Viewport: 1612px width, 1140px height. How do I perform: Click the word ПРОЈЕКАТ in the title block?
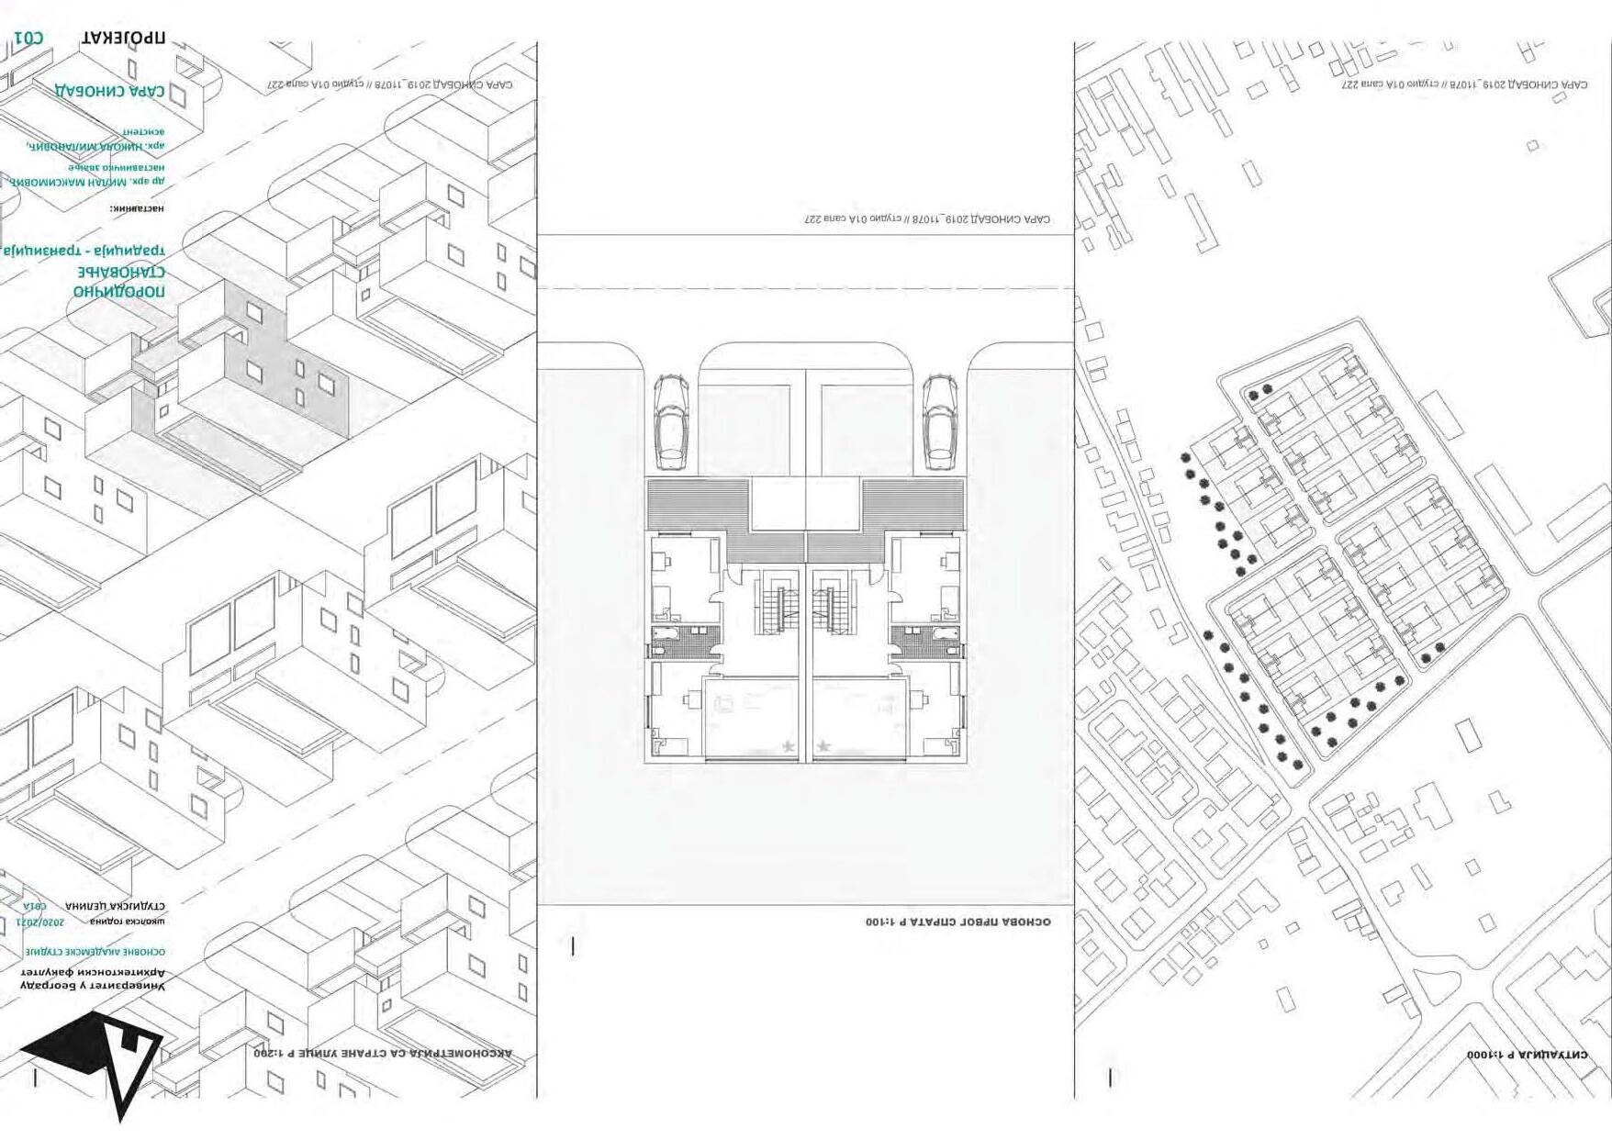(x=123, y=39)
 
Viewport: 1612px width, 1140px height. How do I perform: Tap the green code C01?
(x=28, y=39)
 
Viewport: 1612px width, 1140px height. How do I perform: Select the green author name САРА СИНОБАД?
(x=110, y=91)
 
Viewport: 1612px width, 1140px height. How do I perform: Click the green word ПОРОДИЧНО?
(x=119, y=292)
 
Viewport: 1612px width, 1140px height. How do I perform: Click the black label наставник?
(x=138, y=209)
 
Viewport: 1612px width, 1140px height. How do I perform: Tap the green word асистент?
(x=143, y=132)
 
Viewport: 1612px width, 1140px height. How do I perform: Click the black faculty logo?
(x=95, y=1061)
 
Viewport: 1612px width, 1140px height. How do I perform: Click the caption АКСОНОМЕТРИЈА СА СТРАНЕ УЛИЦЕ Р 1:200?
(x=383, y=1054)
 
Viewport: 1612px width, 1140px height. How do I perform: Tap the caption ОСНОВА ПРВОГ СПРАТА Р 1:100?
(x=957, y=921)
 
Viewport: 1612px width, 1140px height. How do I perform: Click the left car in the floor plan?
(x=671, y=419)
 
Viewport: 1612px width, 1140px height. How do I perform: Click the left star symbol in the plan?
(x=789, y=746)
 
